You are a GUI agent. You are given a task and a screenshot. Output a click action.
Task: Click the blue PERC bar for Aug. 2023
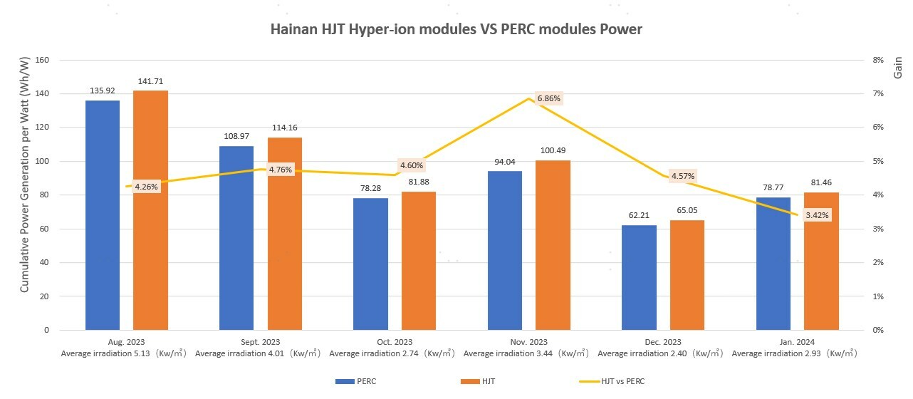tap(103, 214)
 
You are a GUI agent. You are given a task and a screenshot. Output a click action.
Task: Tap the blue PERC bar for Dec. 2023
tap(639, 277)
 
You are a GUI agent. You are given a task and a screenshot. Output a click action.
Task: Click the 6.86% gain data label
tap(549, 98)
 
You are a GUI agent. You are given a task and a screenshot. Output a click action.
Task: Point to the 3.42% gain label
tap(817, 214)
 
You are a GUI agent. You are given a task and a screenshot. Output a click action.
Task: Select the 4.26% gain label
tap(146, 187)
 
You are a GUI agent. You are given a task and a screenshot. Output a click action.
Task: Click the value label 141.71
tap(150, 81)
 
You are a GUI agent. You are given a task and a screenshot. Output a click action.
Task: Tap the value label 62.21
tap(639, 214)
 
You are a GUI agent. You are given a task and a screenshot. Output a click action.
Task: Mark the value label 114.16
tap(285, 128)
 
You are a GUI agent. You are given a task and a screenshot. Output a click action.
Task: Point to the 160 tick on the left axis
tap(41, 61)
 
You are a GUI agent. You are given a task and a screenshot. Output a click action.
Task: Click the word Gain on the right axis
tap(898, 68)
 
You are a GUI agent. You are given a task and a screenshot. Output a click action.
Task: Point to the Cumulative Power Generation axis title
tap(24, 195)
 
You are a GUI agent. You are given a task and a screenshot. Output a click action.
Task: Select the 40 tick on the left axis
tap(43, 262)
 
